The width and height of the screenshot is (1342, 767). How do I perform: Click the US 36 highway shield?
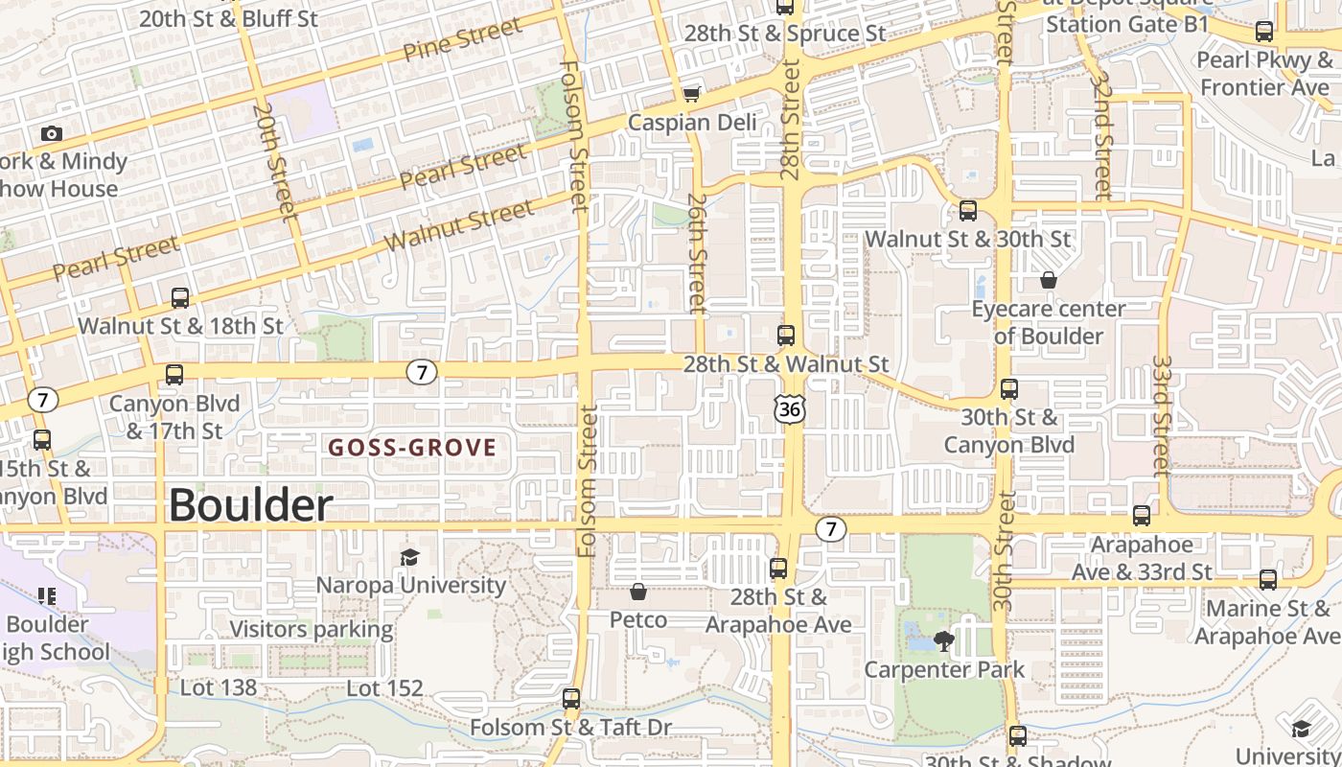789,409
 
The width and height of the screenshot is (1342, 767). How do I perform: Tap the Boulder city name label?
251,505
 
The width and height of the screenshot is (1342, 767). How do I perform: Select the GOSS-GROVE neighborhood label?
412,447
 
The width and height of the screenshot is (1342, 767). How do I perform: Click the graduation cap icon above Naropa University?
409,557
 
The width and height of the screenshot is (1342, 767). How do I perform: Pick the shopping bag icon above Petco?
638,593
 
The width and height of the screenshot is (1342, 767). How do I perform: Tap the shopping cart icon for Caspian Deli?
691,94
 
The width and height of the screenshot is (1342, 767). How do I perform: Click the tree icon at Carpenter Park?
944,640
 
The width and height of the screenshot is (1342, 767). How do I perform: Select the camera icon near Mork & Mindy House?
52,133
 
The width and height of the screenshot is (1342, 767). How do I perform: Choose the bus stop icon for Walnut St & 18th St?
179,298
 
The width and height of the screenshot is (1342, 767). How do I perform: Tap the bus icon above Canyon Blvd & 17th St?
174,375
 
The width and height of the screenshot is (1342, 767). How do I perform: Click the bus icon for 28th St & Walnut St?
786,336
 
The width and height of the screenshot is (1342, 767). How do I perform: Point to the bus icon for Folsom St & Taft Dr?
571,699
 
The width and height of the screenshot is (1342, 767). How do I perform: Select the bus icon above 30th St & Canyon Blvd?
1009,389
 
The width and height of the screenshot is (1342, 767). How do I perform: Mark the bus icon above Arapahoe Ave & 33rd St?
1142,516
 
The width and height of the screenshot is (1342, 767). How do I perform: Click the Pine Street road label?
462,42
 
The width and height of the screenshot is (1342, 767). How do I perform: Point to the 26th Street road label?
697,253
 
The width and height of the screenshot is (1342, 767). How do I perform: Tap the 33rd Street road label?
1162,416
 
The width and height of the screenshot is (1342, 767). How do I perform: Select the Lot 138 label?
219,687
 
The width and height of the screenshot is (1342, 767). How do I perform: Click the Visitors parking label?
312,630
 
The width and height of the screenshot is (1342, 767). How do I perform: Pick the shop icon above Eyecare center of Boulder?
1049,280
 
